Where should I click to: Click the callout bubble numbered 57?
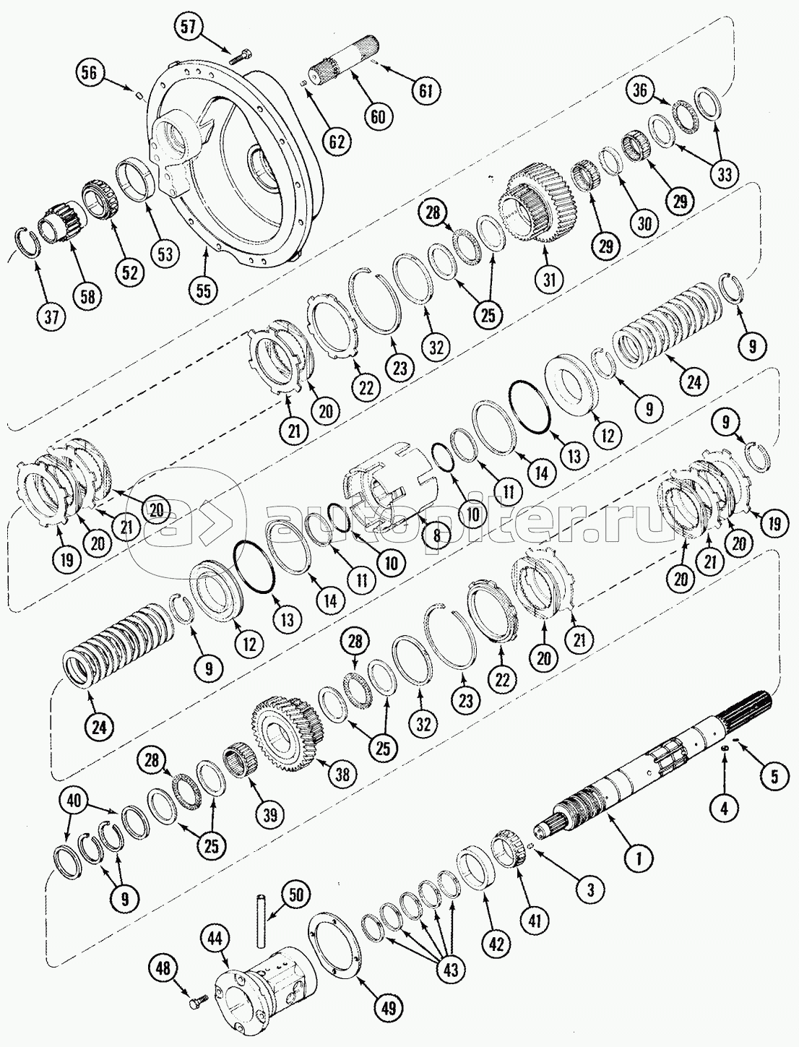coord(189,27)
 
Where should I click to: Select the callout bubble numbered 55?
coord(204,291)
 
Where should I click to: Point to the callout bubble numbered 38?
coord(342,788)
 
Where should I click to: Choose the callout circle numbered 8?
coord(436,535)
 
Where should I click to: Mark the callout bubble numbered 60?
coord(378,117)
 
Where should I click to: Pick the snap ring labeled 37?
coord(26,245)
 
